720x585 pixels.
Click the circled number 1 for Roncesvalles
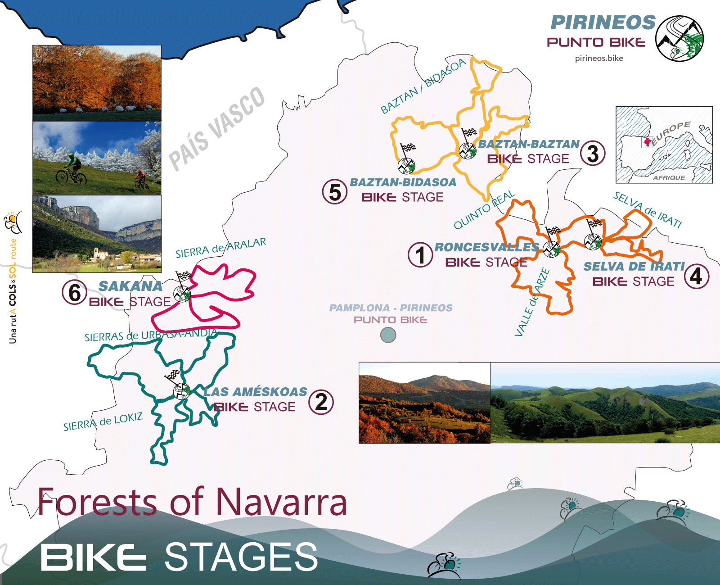420,255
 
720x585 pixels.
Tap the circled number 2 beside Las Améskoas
321,402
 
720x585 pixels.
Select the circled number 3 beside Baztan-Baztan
593,153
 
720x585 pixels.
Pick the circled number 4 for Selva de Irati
696,277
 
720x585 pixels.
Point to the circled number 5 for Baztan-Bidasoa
335,192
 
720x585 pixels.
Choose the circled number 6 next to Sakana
75,293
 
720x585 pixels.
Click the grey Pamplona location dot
388,335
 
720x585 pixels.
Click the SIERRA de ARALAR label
220,248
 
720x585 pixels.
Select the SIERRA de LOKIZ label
103,422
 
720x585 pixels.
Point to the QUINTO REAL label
484,210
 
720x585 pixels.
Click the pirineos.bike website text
599,58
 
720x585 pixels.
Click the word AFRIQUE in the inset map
669,177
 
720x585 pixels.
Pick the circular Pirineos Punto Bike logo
679,39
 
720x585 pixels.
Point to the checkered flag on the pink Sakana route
184,276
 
